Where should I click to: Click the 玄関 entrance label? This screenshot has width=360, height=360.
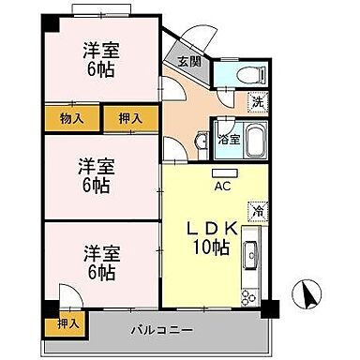[x=188, y=63]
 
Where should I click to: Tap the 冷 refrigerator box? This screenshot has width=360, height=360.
[x=255, y=213]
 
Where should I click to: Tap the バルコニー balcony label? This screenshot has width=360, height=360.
[x=161, y=331]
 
